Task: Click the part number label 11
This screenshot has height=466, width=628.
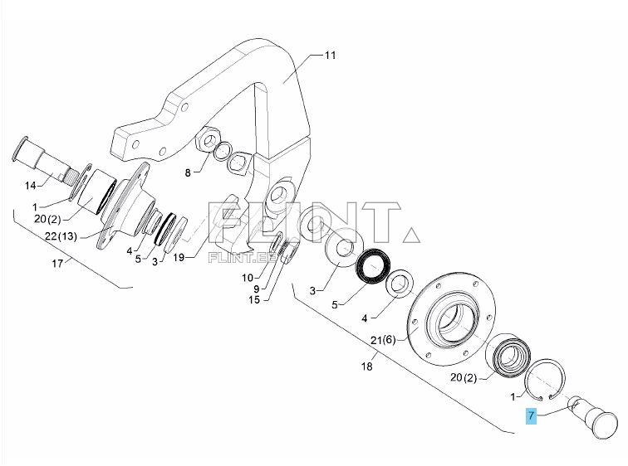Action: click(x=330, y=56)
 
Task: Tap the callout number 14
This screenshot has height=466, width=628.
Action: click(x=30, y=185)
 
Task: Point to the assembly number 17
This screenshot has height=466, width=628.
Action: click(x=57, y=265)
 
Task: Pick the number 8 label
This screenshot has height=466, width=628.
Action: click(x=188, y=172)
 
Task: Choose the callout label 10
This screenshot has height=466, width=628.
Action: click(x=248, y=276)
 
